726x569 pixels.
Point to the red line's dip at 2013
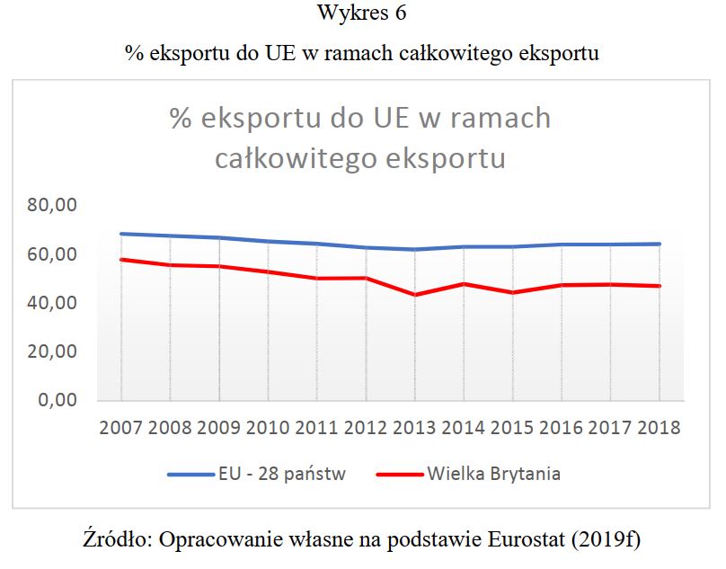tap(414, 294)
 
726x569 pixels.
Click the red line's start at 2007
tap(121, 260)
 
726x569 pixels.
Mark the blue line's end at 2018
tap(659, 244)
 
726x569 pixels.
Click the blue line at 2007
tap(121, 234)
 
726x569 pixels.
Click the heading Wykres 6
tap(361, 15)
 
